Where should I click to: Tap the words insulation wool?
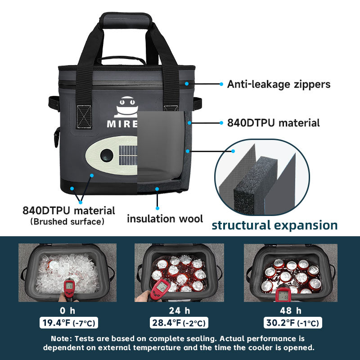click(165, 219)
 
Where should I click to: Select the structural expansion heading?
click(274, 225)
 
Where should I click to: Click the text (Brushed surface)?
click(67, 221)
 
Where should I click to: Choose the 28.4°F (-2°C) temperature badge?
click(180, 323)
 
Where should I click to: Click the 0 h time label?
click(67, 310)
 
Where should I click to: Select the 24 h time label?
click(180, 310)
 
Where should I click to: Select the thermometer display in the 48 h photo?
click(284, 294)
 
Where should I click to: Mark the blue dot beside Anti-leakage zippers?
click(221, 84)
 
